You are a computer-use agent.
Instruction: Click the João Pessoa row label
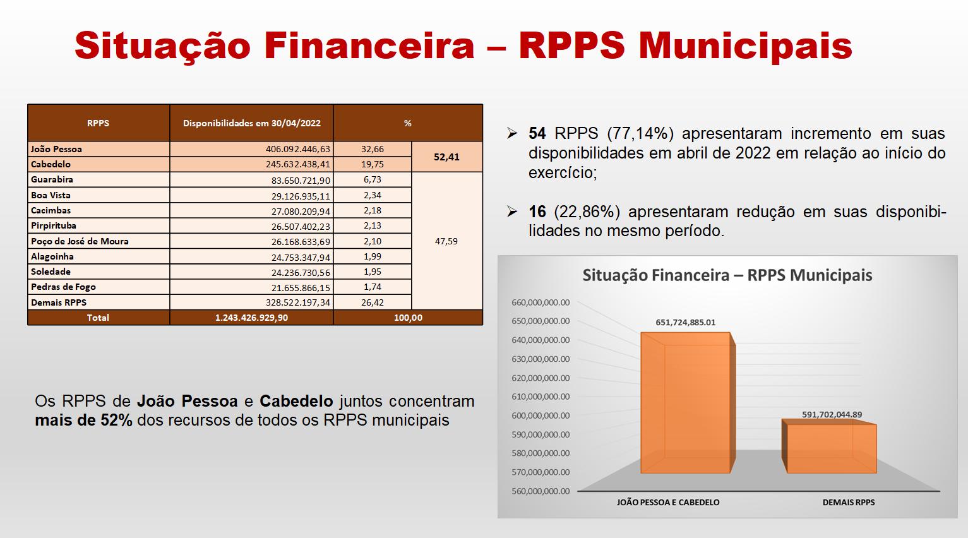[x=56, y=149]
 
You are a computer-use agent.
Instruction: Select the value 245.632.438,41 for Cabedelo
[x=298, y=164]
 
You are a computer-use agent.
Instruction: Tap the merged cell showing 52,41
[x=446, y=157]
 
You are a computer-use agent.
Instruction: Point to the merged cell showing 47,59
[x=446, y=241]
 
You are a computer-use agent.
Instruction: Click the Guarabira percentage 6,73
[x=372, y=179]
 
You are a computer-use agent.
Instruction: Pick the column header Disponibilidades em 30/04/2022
[x=251, y=123]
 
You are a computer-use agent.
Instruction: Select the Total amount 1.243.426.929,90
[x=251, y=318]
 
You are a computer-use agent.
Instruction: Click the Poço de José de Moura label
[x=80, y=241]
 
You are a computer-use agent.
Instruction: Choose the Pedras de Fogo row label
[x=63, y=287]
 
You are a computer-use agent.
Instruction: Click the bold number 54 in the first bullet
[x=537, y=133]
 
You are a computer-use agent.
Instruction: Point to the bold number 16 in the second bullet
[x=537, y=212]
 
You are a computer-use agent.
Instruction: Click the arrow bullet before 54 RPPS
[x=512, y=133]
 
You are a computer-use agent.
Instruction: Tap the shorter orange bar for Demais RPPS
[x=829, y=446]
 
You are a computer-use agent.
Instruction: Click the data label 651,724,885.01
[x=685, y=323]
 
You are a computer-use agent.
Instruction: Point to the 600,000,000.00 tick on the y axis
[x=541, y=415]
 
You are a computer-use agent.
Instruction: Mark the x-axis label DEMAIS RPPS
[x=848, y=503]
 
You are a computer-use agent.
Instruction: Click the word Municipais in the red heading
[x=745, y=46]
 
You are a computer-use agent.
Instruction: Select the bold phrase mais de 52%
[x=83, y=420]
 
